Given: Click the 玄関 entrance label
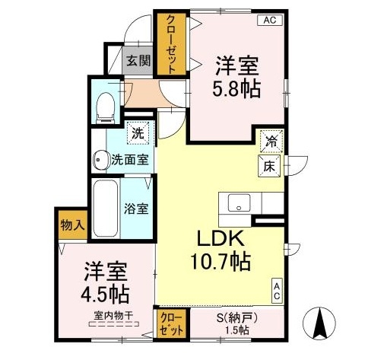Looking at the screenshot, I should (x=138, y=60).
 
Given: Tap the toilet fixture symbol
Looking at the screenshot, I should (x=104, y=107).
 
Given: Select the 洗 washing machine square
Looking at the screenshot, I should (x=138, y=132).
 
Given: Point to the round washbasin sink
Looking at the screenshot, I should (x=100, y=160).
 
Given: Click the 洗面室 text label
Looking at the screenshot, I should (x=130, y=161).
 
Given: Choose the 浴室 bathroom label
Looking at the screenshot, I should (x=136, y=208).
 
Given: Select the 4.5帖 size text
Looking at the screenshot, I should (x=105, y=293).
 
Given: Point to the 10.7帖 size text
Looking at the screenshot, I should (x=220, y=263).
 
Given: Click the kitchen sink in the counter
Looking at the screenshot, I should (x=238, y=203).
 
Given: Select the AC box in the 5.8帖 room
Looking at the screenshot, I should (x=270, y=21).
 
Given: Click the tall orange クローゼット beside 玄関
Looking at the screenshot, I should (x=170, y=43).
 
